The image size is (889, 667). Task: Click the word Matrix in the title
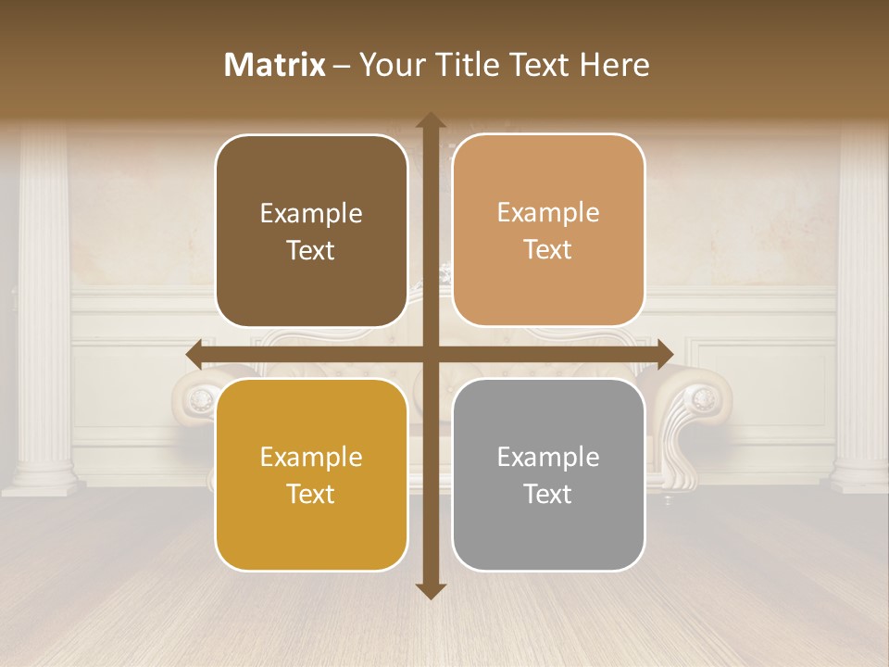275,65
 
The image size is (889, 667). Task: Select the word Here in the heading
614,65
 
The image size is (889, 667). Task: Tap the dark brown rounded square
311,231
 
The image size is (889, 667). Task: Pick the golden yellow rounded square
311,474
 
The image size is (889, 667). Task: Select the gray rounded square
548,474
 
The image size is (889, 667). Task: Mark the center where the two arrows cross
430,354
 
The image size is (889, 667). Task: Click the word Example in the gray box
548,457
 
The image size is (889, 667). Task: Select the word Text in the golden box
311,494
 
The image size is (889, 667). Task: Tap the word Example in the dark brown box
311,213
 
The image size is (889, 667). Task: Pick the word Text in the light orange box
548,249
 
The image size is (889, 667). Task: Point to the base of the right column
859,477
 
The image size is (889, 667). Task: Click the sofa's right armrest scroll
701,399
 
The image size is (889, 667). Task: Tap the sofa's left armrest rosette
198,399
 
